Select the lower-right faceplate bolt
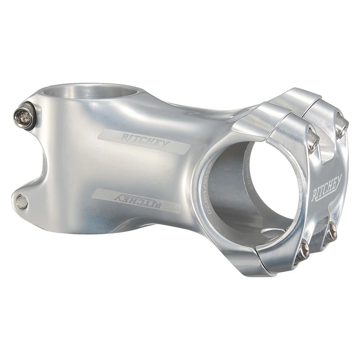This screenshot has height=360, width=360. [333, 231]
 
